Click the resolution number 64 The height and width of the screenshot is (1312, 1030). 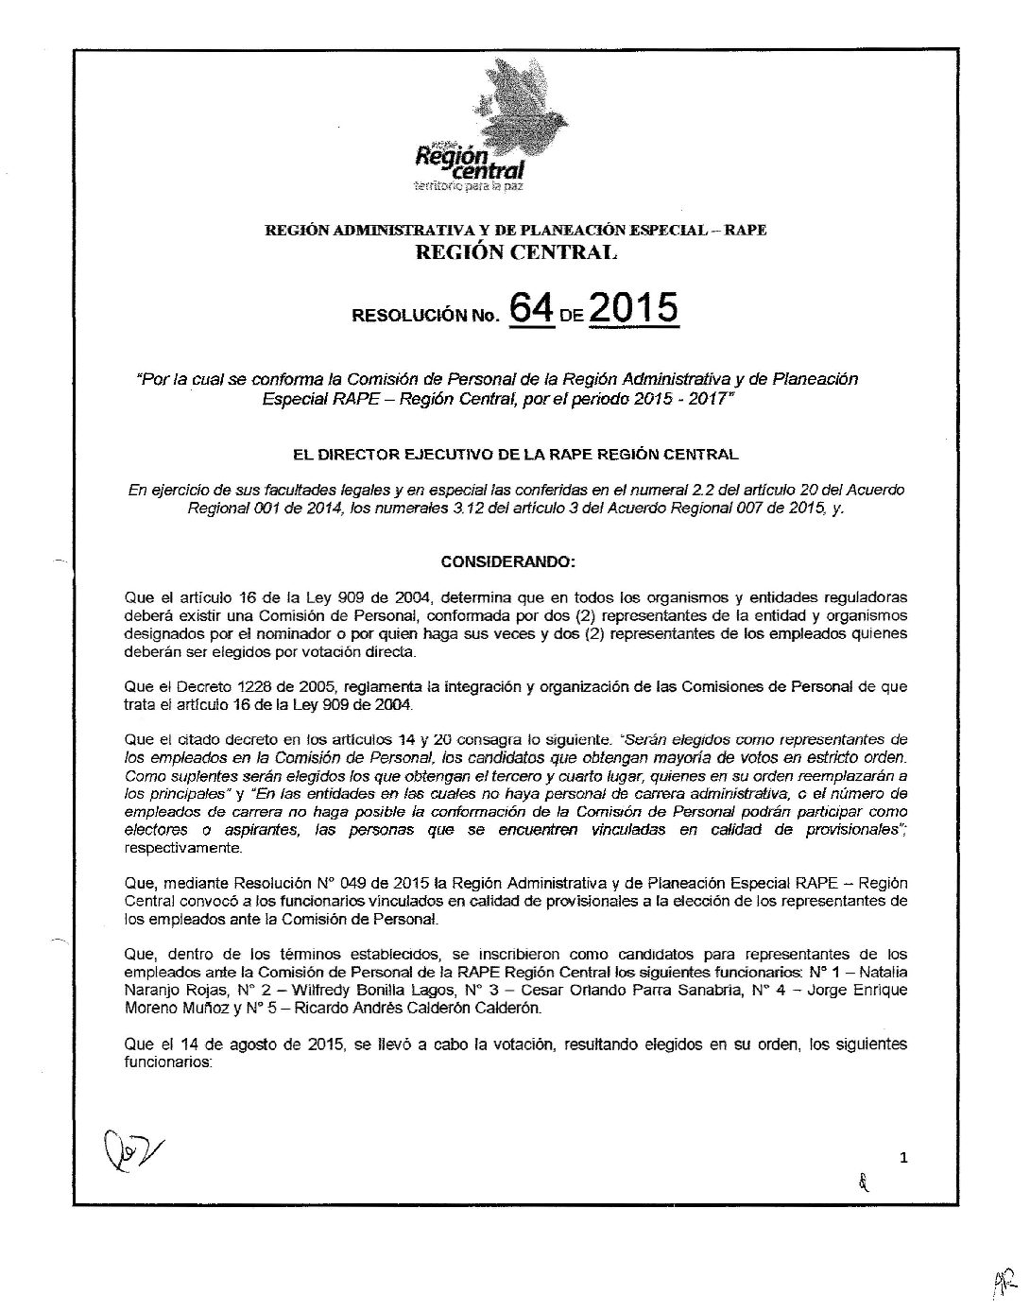[x=532, y=309]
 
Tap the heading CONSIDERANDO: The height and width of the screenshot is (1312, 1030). [x=508, y=562]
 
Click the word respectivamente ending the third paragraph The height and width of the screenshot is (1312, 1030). [x=180, y=849]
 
